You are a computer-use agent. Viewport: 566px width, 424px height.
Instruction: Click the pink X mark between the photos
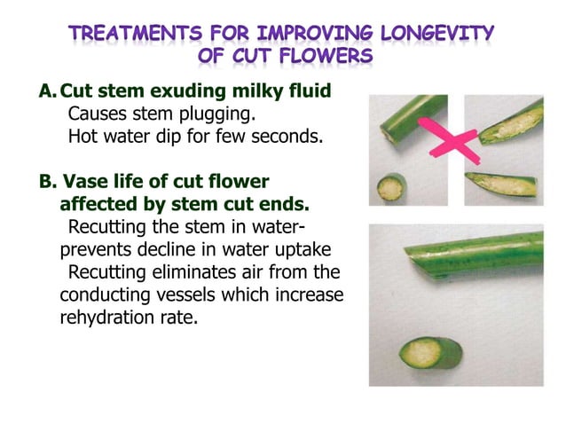click(454, 139)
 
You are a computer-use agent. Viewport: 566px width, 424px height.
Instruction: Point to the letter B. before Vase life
click(47, 182)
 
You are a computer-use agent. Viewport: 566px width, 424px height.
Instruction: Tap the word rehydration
click(98, 318)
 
